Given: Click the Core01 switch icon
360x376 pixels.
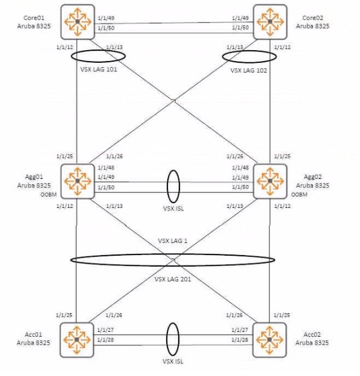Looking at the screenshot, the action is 78,22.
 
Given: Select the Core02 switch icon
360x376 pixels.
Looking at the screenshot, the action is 270,22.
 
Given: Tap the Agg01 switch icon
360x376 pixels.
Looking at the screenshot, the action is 78,181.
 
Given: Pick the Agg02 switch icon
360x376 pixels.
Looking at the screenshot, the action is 270,181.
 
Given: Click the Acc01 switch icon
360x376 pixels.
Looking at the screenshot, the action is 77,340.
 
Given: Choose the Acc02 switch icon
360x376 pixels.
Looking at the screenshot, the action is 269,340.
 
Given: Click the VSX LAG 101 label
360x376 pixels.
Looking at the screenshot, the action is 98,70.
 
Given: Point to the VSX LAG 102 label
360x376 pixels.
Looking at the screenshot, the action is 248,71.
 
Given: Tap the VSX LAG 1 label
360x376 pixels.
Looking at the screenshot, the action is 173,241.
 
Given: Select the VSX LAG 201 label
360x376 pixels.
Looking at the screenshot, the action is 173,279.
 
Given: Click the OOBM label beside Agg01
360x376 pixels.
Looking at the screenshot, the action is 49,195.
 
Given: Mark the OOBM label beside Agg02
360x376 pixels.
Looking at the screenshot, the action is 299,195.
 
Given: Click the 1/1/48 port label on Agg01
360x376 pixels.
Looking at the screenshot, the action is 106,167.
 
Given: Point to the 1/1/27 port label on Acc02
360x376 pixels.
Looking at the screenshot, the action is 240,330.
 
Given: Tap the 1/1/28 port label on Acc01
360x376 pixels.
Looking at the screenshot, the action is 106,340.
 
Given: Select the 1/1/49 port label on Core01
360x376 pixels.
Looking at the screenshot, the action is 106,18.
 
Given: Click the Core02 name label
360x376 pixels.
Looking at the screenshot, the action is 312,18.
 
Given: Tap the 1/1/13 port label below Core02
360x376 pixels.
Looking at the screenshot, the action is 235,47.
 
